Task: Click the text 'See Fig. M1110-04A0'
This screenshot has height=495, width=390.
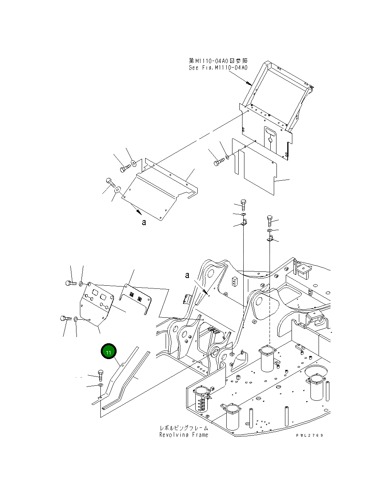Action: pyautogui.click(x=218, y=68)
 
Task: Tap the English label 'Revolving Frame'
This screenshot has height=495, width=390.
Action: pyautogui.click(x=183, y=435)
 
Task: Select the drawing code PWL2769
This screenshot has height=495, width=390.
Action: pyautogui.click(x=310, y=435)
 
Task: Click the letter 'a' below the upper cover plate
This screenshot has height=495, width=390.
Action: pyautogui.click(x=144, y=222)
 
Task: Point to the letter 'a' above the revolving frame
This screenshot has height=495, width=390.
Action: pyautogui.click(x=187, y=275)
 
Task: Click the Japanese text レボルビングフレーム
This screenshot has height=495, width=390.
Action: pyautogui.click(x=184, y=428)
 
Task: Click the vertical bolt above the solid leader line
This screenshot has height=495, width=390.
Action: pyautogui.click(x=243, y=204)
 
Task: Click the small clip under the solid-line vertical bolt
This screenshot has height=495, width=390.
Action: pyautogui.click(x=244, y=222)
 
